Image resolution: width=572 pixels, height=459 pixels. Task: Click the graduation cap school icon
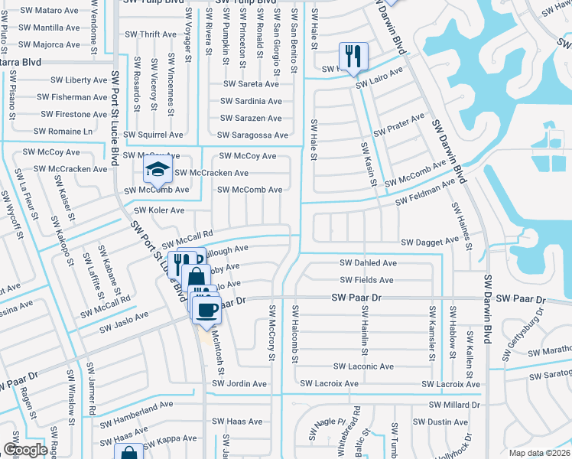click(x=158, y=169)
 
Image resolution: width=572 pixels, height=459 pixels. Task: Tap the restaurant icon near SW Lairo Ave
click(x=353, y=55)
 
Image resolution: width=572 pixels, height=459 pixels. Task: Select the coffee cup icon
click(x=205, y=308)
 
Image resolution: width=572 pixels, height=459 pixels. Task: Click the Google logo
click(x=25, y=450)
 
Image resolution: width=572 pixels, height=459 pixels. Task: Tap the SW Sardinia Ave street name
click(x=251, y=101)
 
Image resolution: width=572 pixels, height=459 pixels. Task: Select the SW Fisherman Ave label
click(x=73, y=97)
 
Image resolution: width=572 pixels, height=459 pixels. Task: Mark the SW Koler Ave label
click(x=159, y=210)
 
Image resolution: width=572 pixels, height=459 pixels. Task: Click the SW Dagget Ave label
click(x=430, y=242)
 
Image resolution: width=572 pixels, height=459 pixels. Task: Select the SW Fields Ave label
click(x=368, y=281)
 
